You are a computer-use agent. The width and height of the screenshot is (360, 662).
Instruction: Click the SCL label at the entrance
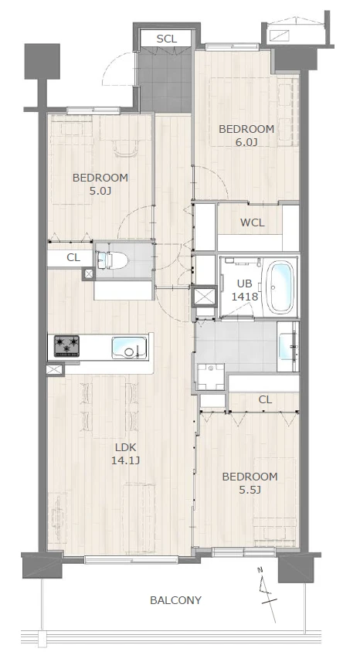tap(167, 39)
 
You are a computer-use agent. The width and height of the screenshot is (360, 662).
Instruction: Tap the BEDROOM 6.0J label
tap(246, 135)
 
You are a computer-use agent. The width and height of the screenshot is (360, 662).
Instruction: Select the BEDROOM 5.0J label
tap(100, 184)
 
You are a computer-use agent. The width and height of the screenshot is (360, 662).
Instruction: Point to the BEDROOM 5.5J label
tap(250, 483)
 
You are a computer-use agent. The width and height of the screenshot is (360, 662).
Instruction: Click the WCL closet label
tap(253, 222)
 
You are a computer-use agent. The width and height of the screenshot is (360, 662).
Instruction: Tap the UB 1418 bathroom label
tap(244, 290)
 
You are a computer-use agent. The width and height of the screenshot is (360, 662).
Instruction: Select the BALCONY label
tap(175, 600)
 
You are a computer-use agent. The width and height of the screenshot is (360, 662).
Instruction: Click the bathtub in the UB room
tap(280, 288)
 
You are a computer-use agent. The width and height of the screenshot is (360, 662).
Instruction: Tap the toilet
tap(112, 260)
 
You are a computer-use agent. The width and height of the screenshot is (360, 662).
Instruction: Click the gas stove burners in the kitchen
tap(66, 346)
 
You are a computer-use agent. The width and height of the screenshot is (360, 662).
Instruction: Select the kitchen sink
tap(130, 348)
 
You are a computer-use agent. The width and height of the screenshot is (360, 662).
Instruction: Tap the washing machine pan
tap(211, 377)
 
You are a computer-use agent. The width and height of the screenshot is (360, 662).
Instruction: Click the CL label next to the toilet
tap(73, 257)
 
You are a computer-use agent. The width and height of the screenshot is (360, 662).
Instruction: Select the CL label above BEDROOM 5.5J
tap(265, 399)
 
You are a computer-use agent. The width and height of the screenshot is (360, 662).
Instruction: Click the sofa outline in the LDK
tap(139, 518)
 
